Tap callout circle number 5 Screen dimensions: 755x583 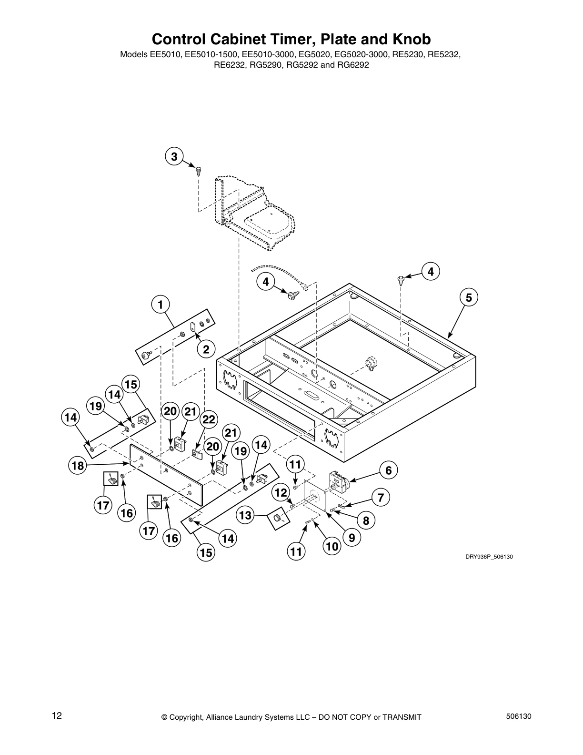(x=469, y=297)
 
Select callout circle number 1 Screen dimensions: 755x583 (x=161, y=304)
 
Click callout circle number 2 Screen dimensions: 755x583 (x=206, y=349)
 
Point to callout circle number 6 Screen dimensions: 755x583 (x=388, y=470)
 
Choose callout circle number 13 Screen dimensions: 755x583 (x=245, y=515)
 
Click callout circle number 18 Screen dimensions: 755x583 (x=78, y=465)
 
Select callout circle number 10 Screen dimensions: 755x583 (x=332, y=546)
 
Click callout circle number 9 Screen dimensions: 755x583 (x=352, y=538)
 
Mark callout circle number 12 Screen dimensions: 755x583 (x=281, y=492)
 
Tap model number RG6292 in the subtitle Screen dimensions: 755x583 (x=353, y=65)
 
